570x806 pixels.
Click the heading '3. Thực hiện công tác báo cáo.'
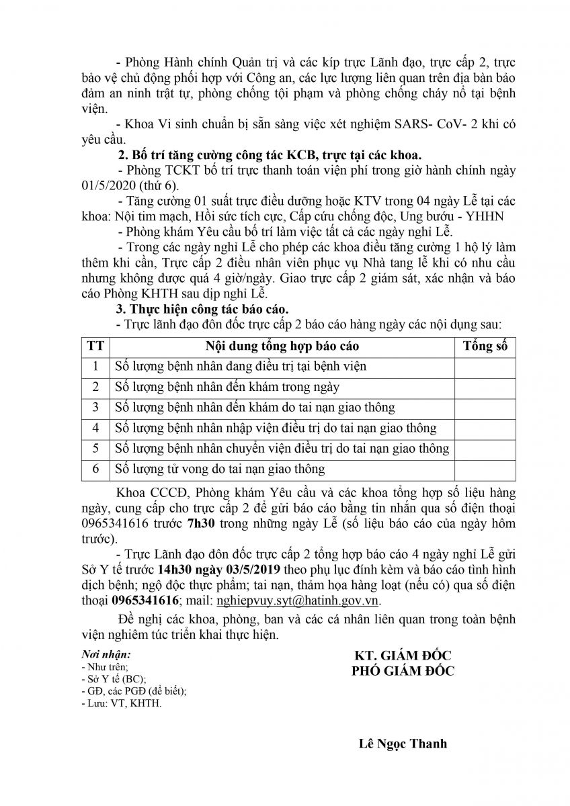click(201, 310)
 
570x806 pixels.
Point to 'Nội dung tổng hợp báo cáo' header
click(282, 346)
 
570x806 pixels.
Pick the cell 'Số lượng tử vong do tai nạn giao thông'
click(220, 469)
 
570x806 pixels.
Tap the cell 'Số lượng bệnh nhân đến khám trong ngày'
click(227, 387)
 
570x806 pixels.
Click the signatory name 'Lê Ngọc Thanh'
click(403, 744)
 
